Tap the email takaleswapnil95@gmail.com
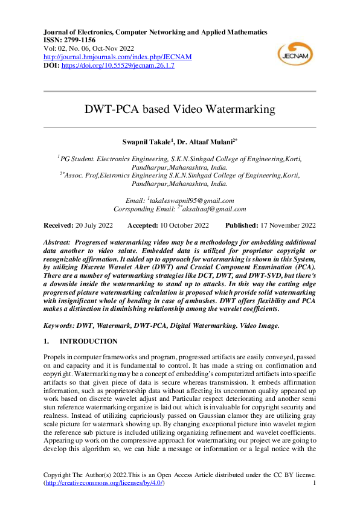192,200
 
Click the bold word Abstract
58,240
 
